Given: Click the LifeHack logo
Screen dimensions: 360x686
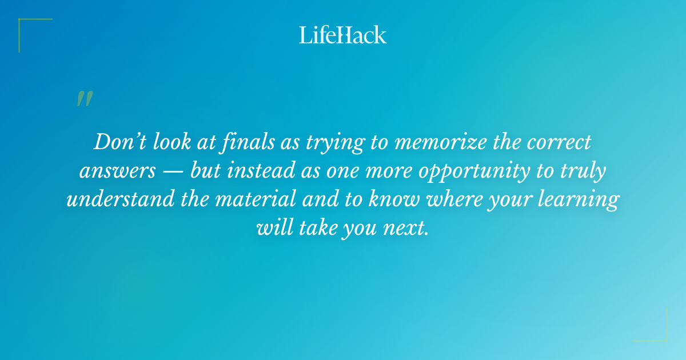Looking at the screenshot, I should [x=343, y=35].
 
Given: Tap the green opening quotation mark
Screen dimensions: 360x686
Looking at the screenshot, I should [x=84, y=99].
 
